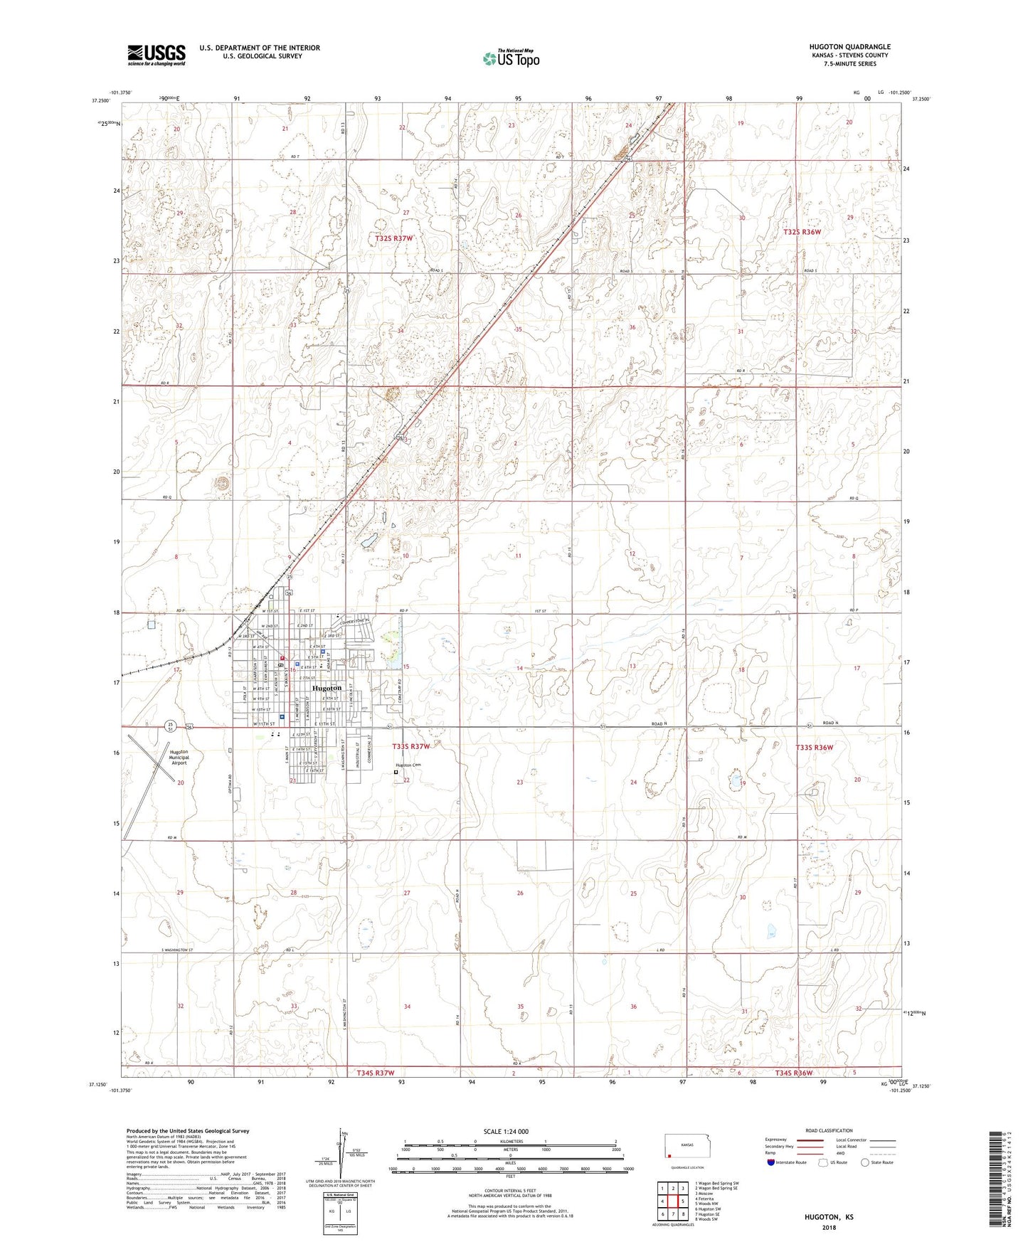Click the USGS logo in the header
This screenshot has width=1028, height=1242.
(156, 55)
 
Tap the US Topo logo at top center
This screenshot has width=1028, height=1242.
(510, 58)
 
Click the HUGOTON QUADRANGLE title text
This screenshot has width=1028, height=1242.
(849, 47)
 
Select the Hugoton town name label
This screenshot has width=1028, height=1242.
(327, 689)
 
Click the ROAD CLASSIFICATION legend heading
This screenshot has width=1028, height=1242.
(830, 1130)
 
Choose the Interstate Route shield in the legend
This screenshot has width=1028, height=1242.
(773, 1162)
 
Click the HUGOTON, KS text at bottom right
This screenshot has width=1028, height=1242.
(830, 1216)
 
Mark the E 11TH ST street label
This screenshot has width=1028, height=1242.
(327, 723)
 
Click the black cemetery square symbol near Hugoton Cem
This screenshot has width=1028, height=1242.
(396, 772)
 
